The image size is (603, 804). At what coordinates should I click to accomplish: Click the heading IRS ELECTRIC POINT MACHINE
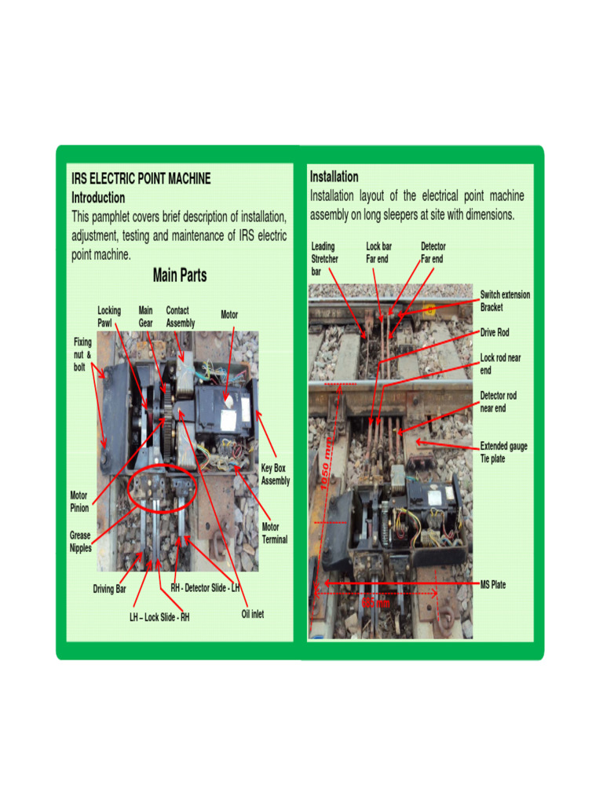pos(141,179)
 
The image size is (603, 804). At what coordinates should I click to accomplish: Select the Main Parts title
pos(180,276)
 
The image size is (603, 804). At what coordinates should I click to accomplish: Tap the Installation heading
pos(334,177)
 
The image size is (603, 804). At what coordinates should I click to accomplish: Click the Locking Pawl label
pos(109,316)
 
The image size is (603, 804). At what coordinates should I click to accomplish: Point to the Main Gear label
pos(146,316)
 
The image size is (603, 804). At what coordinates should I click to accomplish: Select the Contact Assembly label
pos(181,316)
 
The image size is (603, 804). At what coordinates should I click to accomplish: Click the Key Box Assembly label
pos(275,474)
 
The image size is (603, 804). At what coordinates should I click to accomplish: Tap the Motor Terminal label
pos(275,533)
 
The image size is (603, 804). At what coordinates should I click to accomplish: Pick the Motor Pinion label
pos(79,502)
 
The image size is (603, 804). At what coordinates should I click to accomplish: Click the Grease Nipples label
pos(81,542)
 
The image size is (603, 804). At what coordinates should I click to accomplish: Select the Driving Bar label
pos(110,589)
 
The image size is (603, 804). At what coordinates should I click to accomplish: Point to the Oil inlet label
pos(253,614)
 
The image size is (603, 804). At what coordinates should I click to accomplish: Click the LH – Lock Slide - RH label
pos(159,617)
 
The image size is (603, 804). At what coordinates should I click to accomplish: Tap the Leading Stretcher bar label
pos(323,258)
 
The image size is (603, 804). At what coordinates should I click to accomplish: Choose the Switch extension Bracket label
pos(505,301)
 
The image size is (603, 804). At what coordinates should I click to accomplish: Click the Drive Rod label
pos(495,333)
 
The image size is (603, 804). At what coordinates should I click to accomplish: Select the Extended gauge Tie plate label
pos(503,452)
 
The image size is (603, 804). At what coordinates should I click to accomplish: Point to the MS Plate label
pos(493,585)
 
